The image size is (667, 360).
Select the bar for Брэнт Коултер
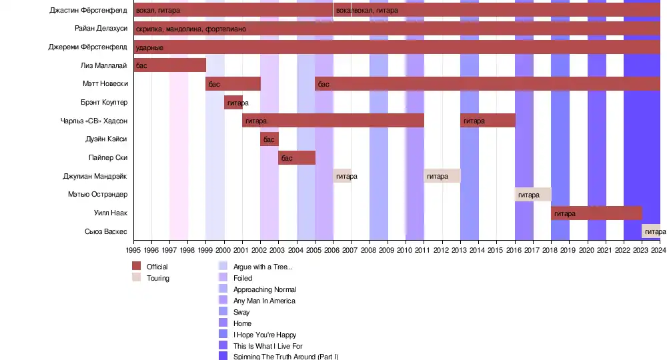click(233, 103)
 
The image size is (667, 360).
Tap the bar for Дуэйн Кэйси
click(269, 139)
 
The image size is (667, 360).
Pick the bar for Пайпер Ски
click(297, 158)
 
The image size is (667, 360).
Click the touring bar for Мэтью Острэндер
click(533, 195)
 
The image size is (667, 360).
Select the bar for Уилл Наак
click(596, 213)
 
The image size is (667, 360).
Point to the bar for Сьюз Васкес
click(651, 231)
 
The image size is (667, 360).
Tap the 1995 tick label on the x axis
click(133, 251)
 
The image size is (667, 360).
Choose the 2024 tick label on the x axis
click(659, 251)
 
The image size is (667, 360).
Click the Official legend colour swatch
click(137, 267)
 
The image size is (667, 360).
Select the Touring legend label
click(158, 278)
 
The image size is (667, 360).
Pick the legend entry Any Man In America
click(264, 301)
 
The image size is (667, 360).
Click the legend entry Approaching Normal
click(265, 289)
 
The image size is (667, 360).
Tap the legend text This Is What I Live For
click(267, 346)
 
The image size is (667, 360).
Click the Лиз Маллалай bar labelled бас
click(170, 65)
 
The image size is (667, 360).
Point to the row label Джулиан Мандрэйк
click(95, 176)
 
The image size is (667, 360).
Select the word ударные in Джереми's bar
click(149, 48)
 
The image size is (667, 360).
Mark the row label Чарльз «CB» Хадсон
click(93, 121)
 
